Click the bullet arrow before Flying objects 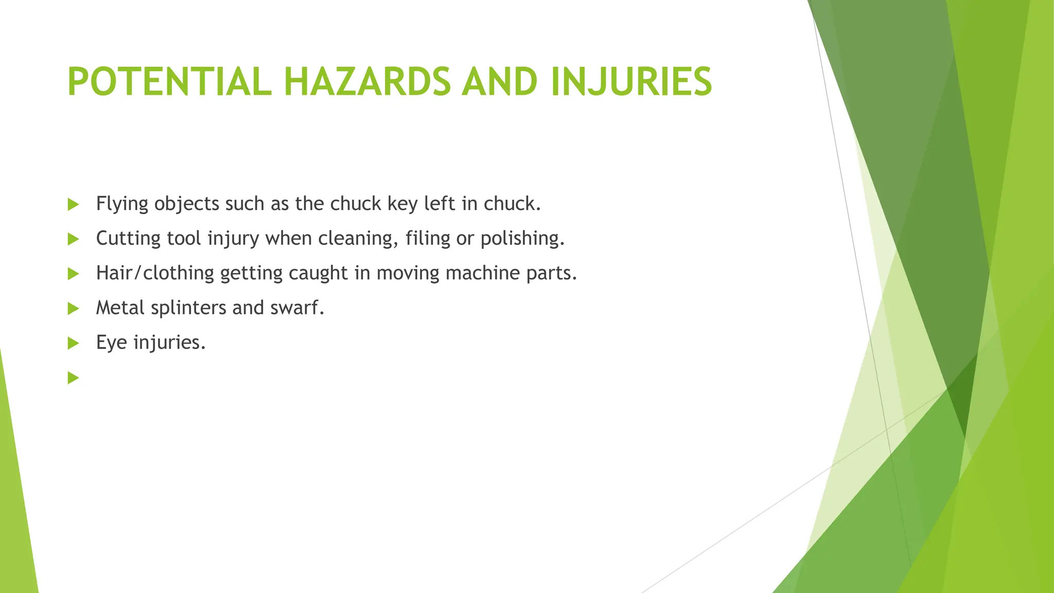(73, 204)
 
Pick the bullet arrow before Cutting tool (73, 239)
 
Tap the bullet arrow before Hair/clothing (73, 273)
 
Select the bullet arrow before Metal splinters (73, 308)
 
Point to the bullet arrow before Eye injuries (73, 343)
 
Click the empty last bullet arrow (73, 378)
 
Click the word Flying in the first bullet (122, 204)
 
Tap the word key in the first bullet (402, 204)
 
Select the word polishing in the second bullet (522, 239)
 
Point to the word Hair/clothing (155, 273)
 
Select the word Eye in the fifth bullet (111, 343)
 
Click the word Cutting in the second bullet (128, 239)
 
